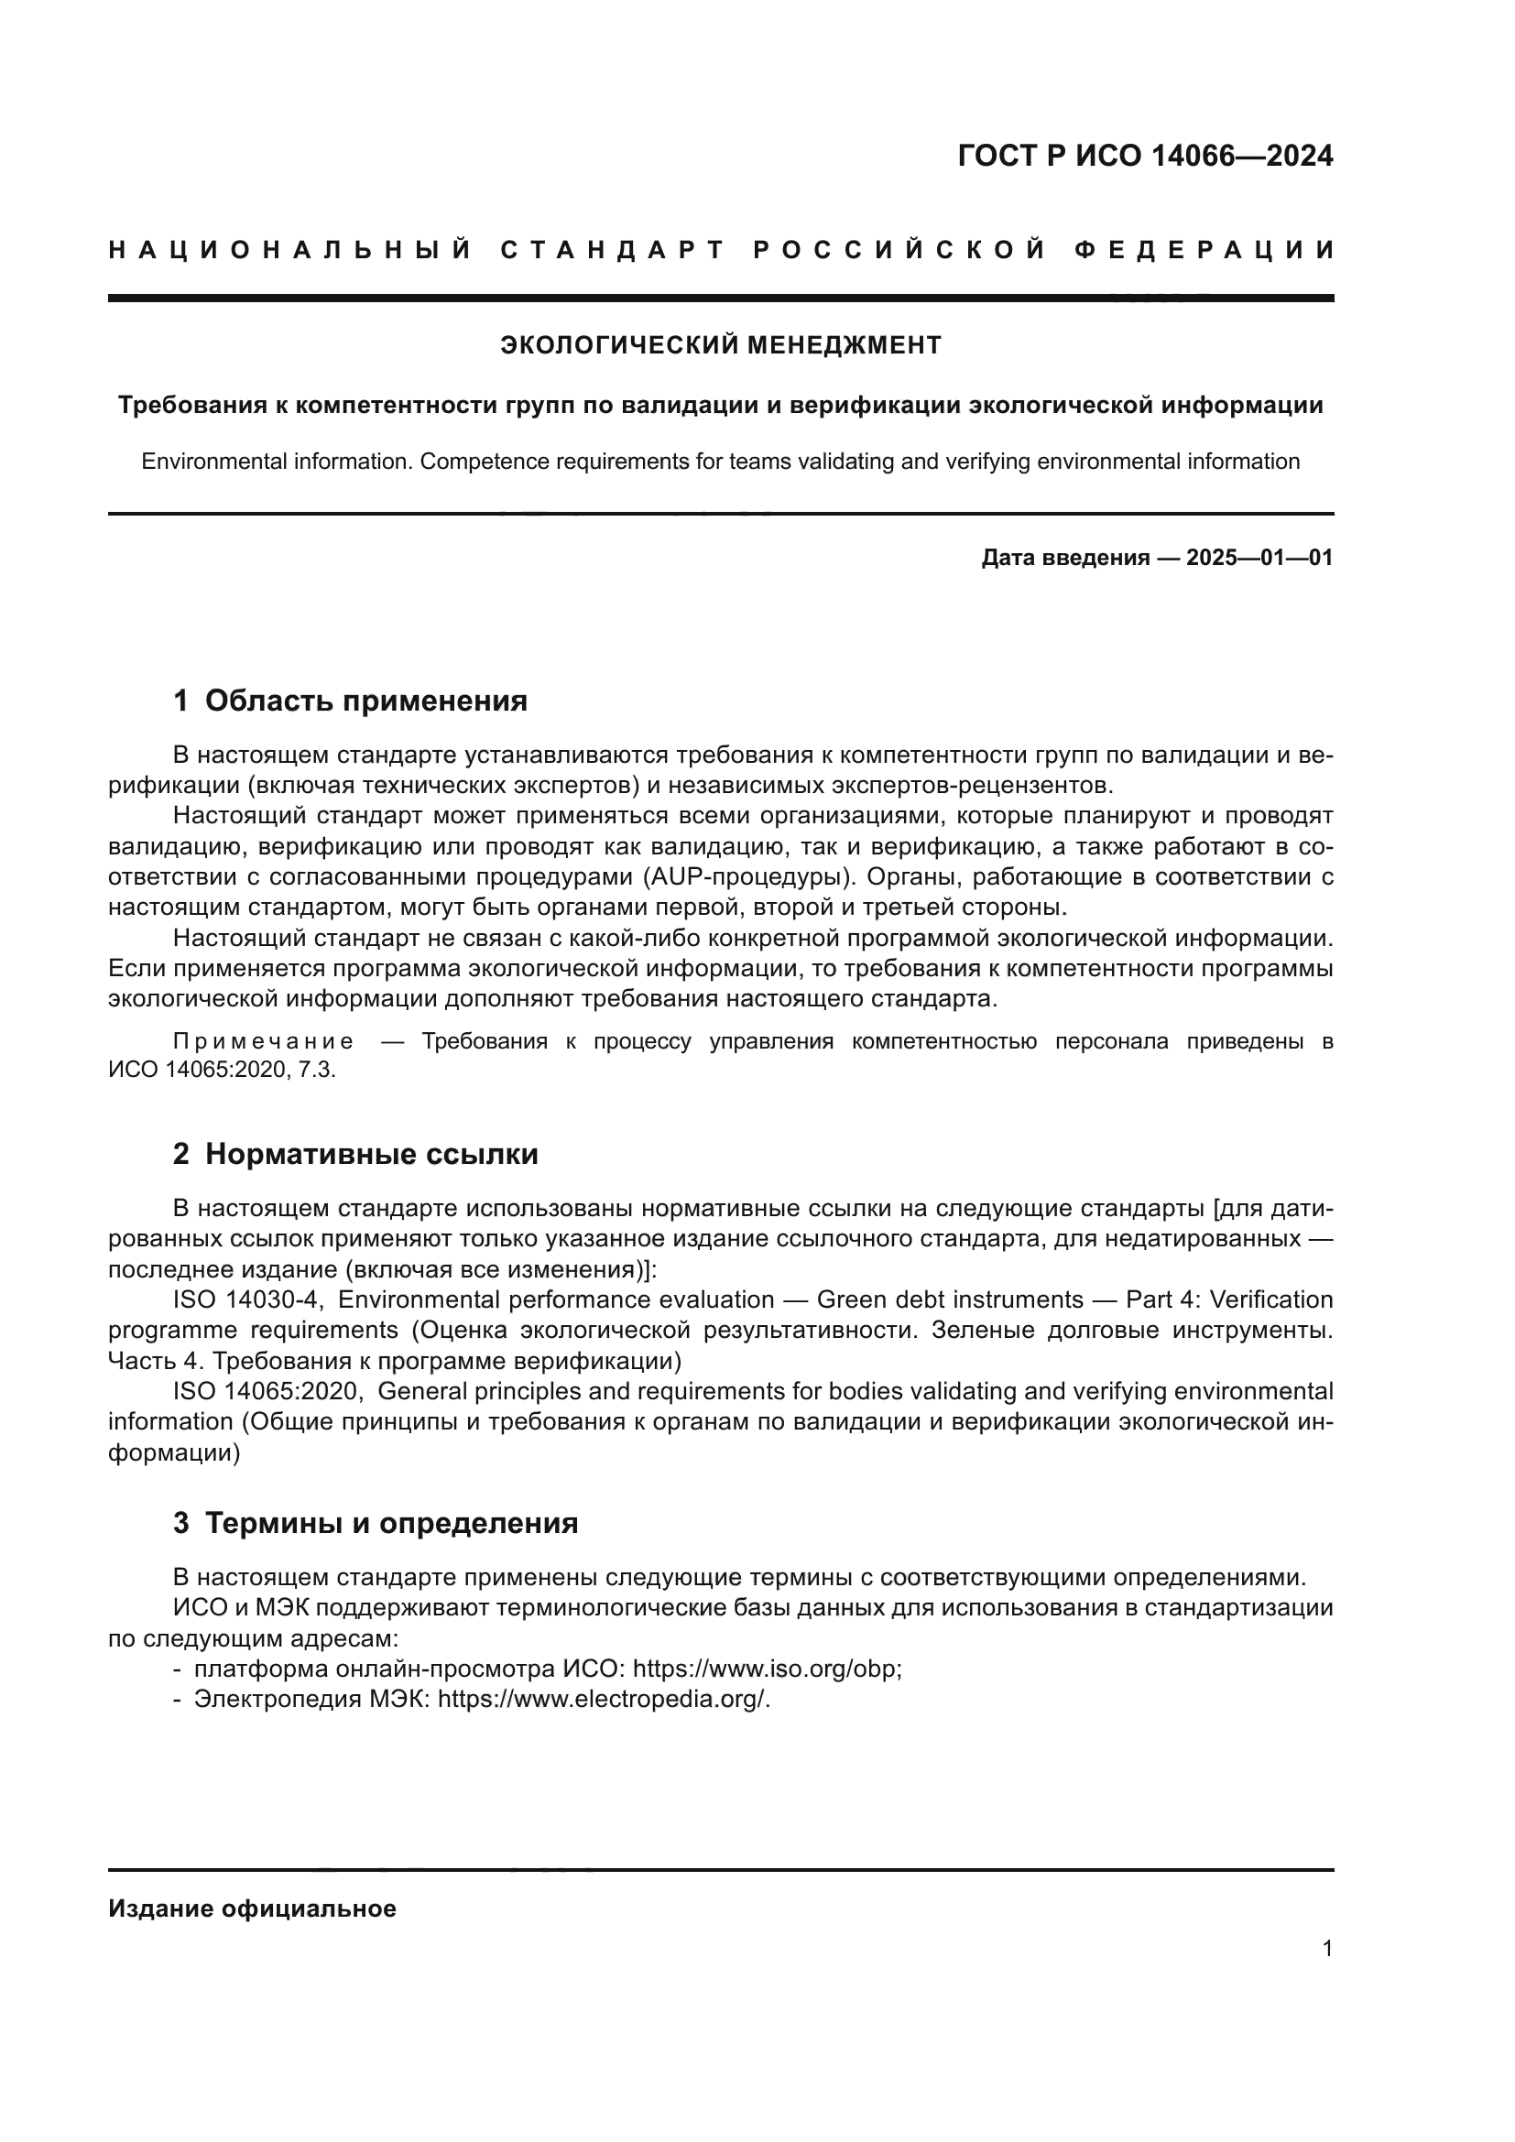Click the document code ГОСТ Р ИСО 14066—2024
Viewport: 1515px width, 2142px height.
pyautogui.click(x=1145, y=156)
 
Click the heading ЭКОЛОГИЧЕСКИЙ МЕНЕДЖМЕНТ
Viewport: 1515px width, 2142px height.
pyautogui.click(x=720, y=346)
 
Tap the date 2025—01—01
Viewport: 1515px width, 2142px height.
pyautogui.click(x=1259, y=558)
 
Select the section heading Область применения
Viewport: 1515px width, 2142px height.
pyautogui.click(x=365, y=700)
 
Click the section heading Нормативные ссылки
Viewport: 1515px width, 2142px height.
pyautogui.click(x=371, y=1154)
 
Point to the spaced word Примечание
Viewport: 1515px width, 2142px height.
pyautogui.click(x=263, y=1042)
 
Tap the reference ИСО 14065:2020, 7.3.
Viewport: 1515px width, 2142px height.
pyautogui.click(x=221, y=1070)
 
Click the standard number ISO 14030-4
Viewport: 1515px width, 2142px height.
pyautogui.click(x=245, y=1299)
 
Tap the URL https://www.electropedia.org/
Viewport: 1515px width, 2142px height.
pyautogui.click(x=604, y=1699)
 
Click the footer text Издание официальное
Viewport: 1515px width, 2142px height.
pyautogui.click(x=252, y=1908)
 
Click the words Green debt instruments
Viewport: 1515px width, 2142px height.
pyautogui.click(x=950, y=1299)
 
